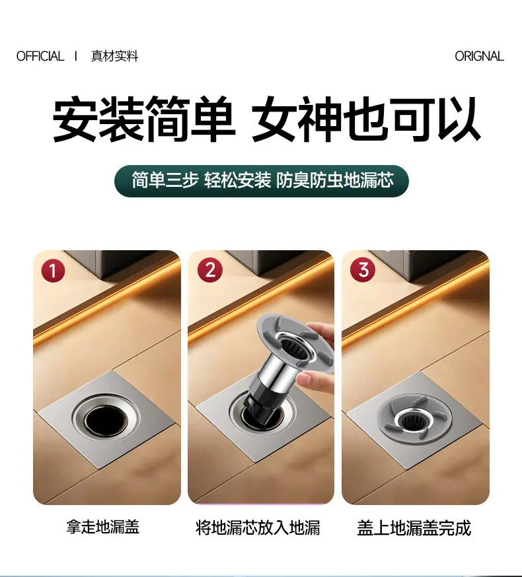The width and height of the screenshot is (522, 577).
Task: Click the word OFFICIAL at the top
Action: (x=40, y=56)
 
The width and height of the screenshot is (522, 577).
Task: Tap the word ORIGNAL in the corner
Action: (x=479, y=56)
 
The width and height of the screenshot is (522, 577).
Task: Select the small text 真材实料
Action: (x=114, y=56)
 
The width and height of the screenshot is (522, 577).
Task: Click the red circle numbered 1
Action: (x=53, y=271)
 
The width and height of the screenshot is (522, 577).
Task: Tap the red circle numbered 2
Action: (x=210, y=270)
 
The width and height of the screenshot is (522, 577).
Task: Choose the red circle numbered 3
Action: (x=363, y=269)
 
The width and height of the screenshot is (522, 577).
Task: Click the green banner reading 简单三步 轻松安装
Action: (x=262, y=181)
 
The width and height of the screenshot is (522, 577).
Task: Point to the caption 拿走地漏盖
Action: (x=103, y=527)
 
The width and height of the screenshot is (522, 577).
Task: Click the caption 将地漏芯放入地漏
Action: (x=258, y=527)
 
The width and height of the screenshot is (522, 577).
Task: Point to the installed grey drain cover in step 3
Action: (x=415, y=420)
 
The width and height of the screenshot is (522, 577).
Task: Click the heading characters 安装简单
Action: (x=144, y=119)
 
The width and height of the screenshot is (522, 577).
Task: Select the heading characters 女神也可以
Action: (x=365, y=119)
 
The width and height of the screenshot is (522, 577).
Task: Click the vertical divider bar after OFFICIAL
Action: (x=76, y=56)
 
